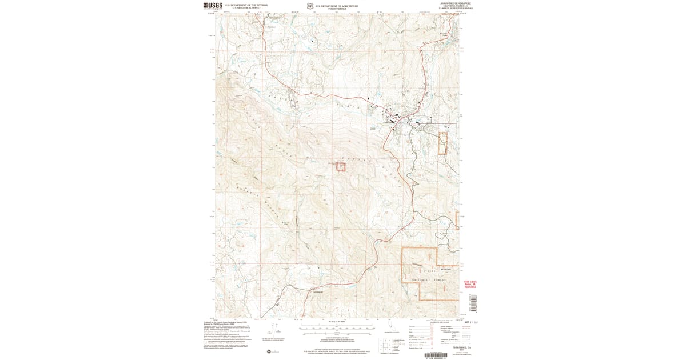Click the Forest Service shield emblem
[x=310, y=7]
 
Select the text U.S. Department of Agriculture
[x=334, y=5]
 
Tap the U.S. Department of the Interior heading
[x=246, y=5]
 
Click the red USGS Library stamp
[x=470, y=284]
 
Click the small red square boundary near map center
[x=341, y=166]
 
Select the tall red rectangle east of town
[x=442, y=143]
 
